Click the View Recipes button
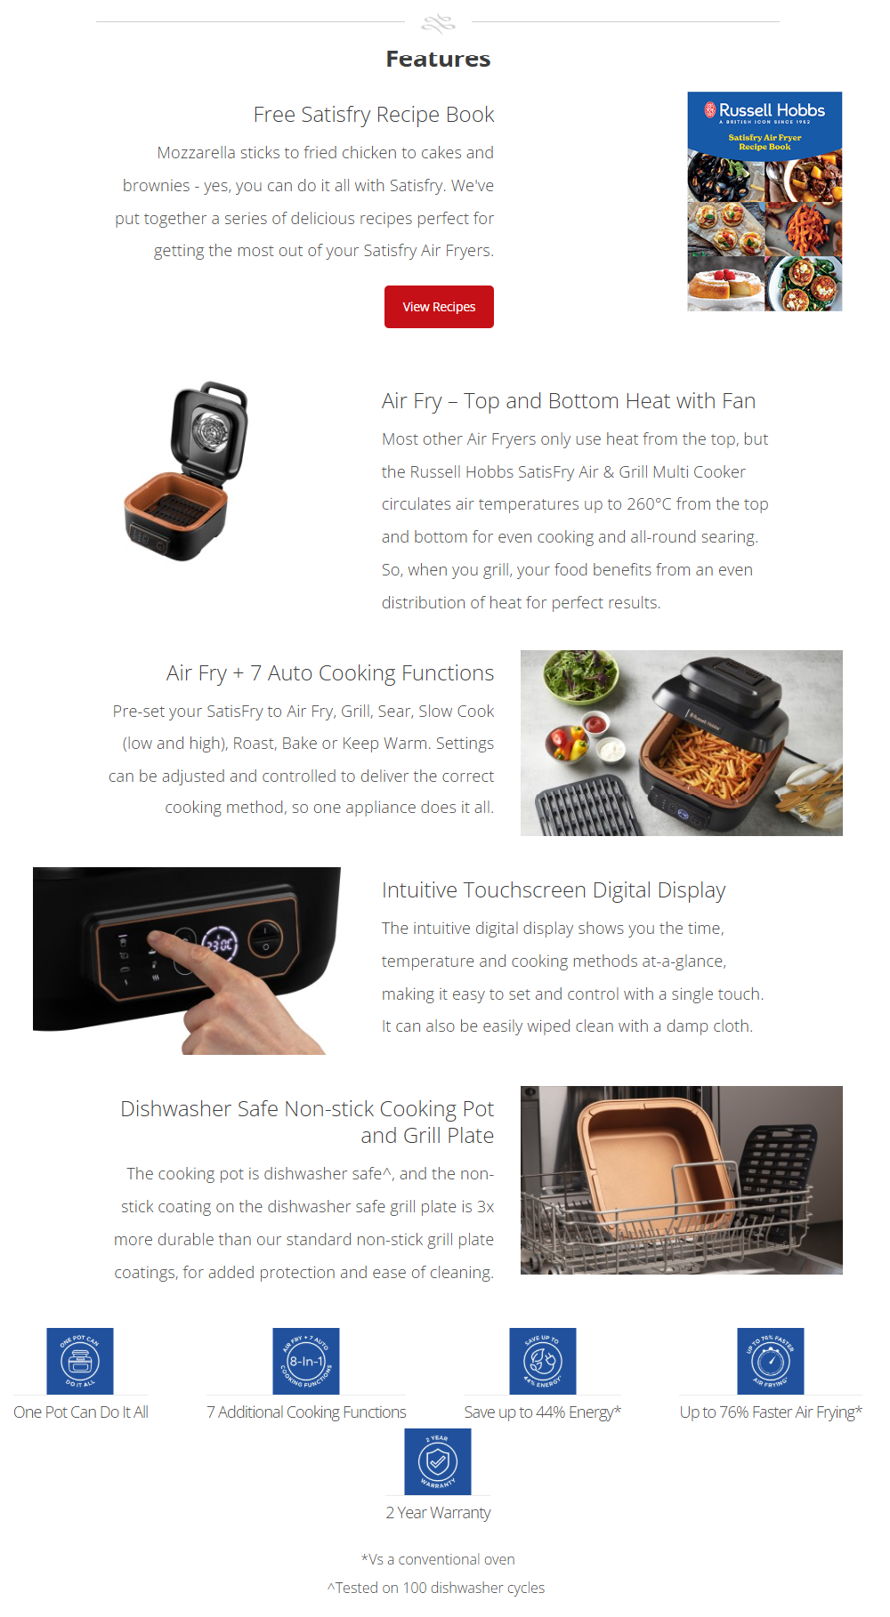(439, 307)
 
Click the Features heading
(438, 59)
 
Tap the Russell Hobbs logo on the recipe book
(765, 110)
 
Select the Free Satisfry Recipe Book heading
(373, 115)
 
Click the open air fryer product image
(186, 471)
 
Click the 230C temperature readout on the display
(220, 945)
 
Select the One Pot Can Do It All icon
(80, 1361)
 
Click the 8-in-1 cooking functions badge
(306, 1361)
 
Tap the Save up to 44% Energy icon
(543, 1361)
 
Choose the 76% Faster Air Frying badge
(771, 1361)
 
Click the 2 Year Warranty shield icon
(438, 1461)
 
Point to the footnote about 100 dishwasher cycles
(436, 1588)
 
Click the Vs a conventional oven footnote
(438, 1559)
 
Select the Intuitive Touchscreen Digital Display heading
(554, 890)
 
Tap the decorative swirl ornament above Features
(438, 22)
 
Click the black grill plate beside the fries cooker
(583, 805)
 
